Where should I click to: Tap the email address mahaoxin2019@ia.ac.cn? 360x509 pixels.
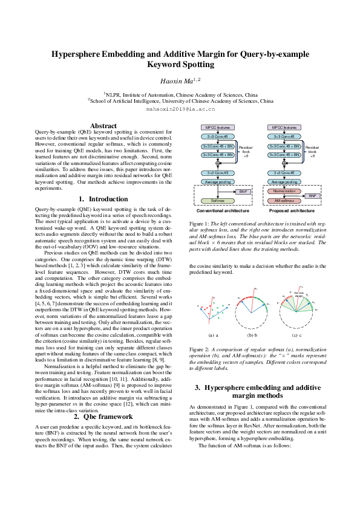[180, 110]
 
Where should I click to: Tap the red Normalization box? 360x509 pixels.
[284, 190]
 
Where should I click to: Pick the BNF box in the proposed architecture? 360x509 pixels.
[312, 196]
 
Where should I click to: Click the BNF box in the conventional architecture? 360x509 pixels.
[243, 191]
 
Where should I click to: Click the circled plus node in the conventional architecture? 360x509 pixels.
[217, 163]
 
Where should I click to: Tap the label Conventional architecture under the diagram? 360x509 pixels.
[218, 212]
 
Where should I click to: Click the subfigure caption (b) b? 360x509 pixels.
[252, 334]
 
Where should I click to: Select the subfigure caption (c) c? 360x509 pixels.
[295, 334]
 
